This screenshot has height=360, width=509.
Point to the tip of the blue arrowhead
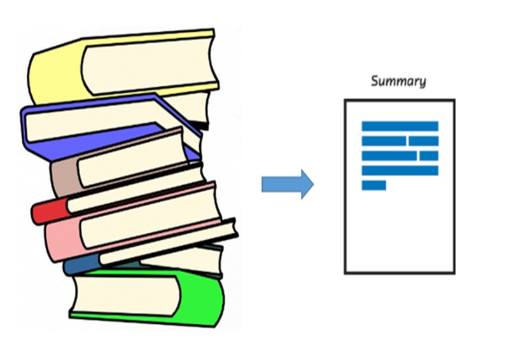pyautogui.click(x=313, y=184)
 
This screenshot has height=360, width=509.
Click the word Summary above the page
pyautogui.click(x=398, y=81)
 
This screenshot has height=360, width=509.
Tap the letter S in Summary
pyautogui.click(x=375, y=81)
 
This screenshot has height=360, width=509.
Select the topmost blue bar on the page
pyautogui.click(x=400, y=126)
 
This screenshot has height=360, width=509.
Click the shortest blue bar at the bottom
pyautogui.click(x=373, y=185)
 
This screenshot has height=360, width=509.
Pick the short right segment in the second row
pyautogui.click(x=423, y=141)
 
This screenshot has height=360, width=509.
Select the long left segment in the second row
pyautogui.click(x=384, y=141)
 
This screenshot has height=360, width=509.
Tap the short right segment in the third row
pyautogui.click(x=429, y=155)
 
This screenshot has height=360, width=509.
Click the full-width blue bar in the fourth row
pyautogui.click(x=400, y=170)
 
